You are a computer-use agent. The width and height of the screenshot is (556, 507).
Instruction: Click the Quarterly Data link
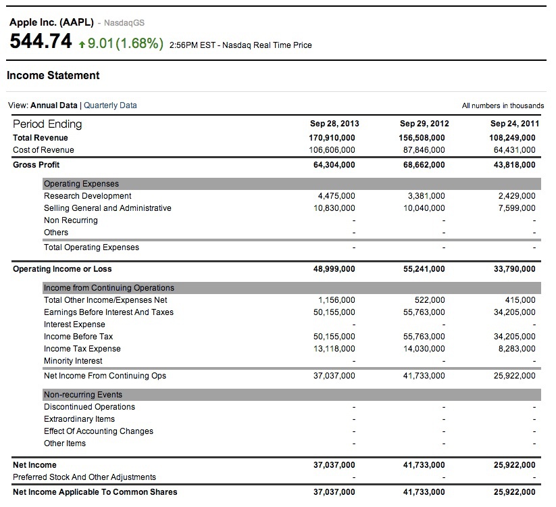point(110,105)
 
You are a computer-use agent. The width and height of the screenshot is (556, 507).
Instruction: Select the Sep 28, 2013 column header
point(334,124)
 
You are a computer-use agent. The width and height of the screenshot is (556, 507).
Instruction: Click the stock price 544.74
point(41,42)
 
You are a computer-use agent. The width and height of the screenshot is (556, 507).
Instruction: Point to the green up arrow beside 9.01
point(82,44)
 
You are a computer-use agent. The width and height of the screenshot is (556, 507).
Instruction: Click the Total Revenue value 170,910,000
point(332,138)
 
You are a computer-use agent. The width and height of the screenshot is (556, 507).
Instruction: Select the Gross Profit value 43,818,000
point(513,165)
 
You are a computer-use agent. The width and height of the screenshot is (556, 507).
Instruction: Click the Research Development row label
point(87,196)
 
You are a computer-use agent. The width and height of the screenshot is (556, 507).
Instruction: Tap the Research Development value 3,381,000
point(426,196)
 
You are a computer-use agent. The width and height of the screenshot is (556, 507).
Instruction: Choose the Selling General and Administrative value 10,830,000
point(334,208)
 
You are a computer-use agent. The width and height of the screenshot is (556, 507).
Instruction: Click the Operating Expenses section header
point(81,184)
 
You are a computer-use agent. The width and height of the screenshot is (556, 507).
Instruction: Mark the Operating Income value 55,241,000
point(424,269)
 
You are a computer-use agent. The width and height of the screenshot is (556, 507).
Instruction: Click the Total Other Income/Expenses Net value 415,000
point(520,300)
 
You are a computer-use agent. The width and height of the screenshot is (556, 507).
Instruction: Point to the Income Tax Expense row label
point(82,349)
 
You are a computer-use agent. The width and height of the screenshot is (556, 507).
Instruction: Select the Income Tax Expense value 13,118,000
point(334,349)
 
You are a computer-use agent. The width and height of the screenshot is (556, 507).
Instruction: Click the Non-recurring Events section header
point(83,395)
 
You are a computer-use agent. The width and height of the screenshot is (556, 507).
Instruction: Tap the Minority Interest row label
point(73,361)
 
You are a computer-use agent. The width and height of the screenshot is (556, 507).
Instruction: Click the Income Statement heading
point(53,76)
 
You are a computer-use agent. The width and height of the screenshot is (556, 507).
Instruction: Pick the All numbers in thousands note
point(503,105)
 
